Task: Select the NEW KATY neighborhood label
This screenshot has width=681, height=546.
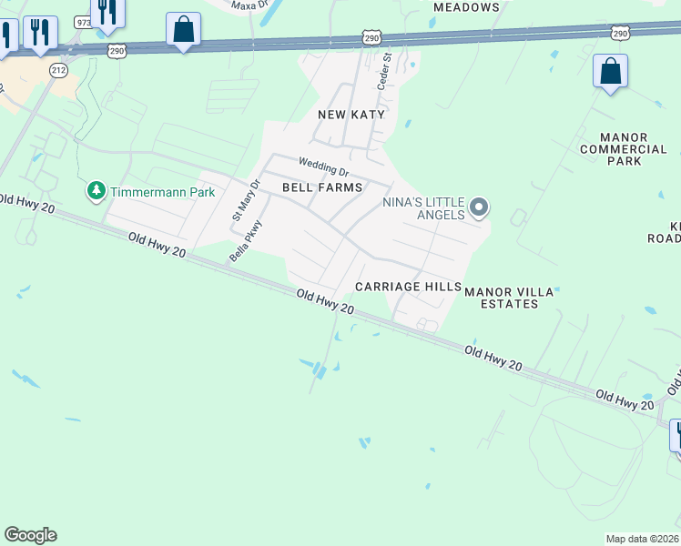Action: [x=351, y=115]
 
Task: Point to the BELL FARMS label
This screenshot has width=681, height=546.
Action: [x=322, y=187]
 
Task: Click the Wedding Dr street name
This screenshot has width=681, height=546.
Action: [x=323, y=167]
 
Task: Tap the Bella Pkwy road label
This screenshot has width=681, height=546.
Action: [x=246, y=241]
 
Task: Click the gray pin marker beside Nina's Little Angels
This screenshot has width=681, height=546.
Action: [x=479, y=208]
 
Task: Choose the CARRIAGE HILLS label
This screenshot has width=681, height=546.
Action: [x=408, y=286]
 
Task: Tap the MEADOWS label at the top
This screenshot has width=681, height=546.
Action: [x=466, y=7]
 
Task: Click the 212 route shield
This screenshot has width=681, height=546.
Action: [x=59, y=68]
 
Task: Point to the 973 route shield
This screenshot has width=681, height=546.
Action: [x=84, y=21]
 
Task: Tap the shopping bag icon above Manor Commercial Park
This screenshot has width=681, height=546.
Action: [x=610, y=70]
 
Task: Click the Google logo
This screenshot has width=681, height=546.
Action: [x=30, y=535]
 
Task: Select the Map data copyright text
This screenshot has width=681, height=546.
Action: [x=641, y=539]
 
